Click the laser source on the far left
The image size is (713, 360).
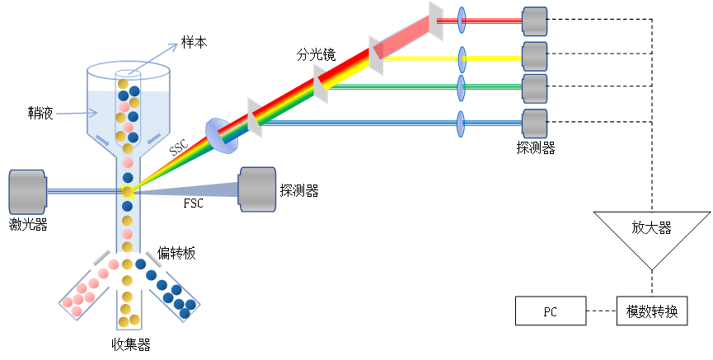(x=27, y=192)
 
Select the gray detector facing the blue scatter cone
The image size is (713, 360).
(x=258, y=189)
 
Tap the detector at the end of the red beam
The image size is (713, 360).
(x=535, y=21)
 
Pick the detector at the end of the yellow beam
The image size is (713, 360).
(x=535, y=57)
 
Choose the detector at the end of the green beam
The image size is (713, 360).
(x=535, y=89)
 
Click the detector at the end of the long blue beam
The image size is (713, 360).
(x=535, y=124)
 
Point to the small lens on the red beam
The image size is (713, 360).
(x=462, y=21)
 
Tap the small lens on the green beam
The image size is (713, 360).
(x=462, y=87)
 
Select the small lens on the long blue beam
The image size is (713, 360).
(x=461, y=124)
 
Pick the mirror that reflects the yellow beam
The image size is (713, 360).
(x=376, y=55)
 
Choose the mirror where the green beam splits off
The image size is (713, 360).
(x=321, y=84)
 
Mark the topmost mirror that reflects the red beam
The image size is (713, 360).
(x=436, y=21)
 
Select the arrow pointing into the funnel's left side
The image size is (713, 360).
(x=76, y=113)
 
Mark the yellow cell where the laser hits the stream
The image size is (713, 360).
(x=127, y=192)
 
